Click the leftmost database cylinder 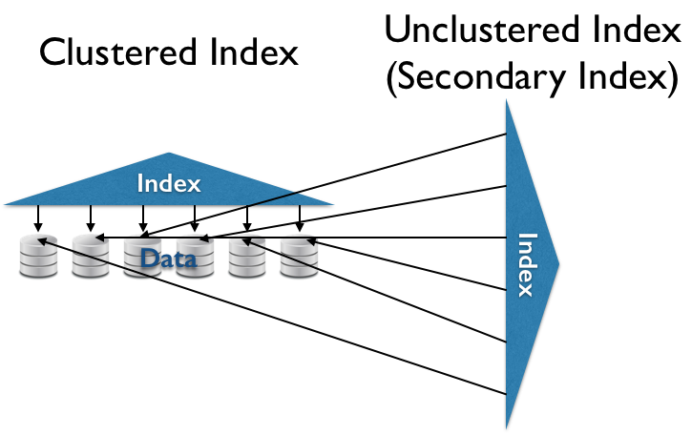[38, 257]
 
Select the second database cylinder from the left [91, 257]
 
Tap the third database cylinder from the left [142, 257]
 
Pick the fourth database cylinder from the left [195, 257]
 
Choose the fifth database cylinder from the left [247, 257]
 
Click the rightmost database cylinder [299, 257]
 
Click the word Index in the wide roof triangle [169, 183]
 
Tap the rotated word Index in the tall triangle [526, 264]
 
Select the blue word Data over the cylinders [168, 259]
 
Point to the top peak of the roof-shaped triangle [169, 154]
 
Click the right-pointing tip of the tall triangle [557, 264]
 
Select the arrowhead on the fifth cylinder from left [244, 241]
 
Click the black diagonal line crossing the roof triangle [276, 198]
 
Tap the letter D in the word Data [148, 259]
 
